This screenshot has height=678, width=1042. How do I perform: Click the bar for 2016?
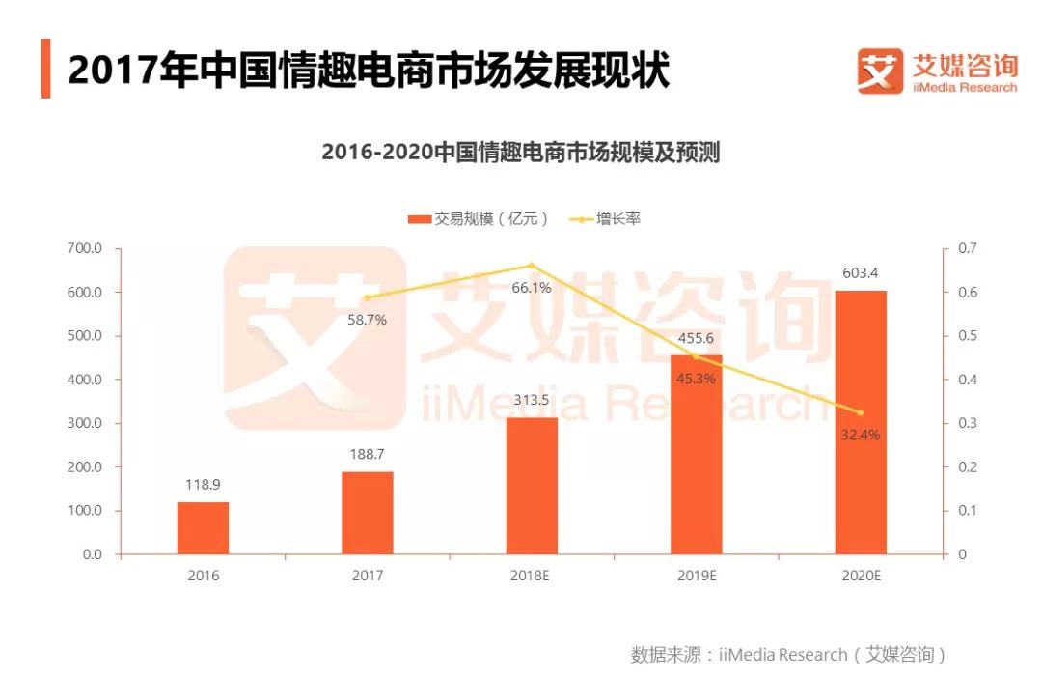click(x=203, y=527)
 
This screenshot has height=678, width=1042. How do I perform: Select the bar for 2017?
click(x=368, y=513)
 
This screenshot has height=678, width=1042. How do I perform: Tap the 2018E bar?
click(x=532, y=486)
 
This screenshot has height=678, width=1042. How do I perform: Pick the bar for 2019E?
click(x=696, y=455)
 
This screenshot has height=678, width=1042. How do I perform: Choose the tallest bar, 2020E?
click(x=861, y=422)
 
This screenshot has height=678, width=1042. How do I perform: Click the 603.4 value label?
click(x=861, y=272)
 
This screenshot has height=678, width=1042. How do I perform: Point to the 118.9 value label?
click(x=203, y=484)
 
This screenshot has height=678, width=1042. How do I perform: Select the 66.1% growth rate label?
click(x=531, y=287)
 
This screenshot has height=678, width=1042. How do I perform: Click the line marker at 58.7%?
click(x=367, y=297)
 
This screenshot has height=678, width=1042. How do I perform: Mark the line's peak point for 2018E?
click(x=532, y=266)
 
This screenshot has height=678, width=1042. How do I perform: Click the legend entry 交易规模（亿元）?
click(x=479, y=219)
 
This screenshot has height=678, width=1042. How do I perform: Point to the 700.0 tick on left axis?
click(x=85, y=248)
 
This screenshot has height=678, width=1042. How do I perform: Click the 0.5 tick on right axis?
click(x=966, y=336)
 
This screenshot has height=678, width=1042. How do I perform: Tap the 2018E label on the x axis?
click(x=532, y=576)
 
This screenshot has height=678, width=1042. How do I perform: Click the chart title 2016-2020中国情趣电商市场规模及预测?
click(x=521, y=153)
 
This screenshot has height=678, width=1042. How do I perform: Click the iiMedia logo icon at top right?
click(x=880, y=71)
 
